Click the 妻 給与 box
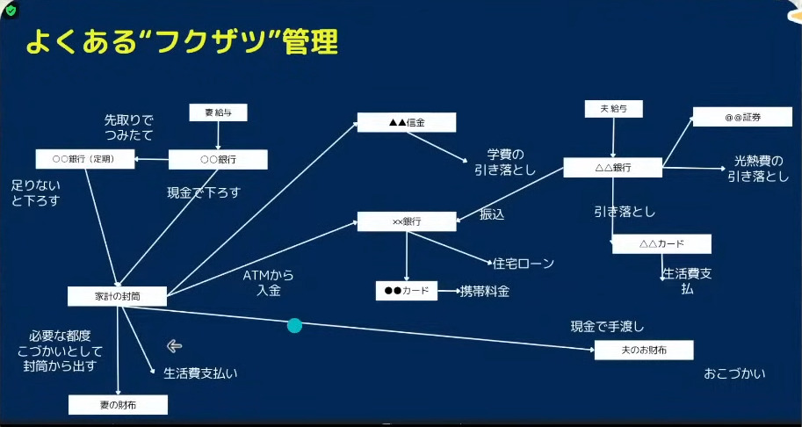click(x=218, y=112)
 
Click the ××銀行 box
click(x=407, y=221)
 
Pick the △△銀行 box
click(x=612, y=167)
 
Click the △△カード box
click(x=661, y=244)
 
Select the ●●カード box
click(x=406, y=291)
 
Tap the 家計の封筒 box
click(x=117, y=297)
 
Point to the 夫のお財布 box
click(x=643, y=351)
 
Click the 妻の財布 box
click(x=117, y=405)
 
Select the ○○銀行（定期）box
click(x=86, y=159)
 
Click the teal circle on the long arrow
click(x=295, y=325)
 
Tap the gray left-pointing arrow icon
click(x=174, y=345)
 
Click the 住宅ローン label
click(x=523, y=263)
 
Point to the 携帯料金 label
click(x=485, y=291)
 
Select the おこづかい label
click(x=734, y=373)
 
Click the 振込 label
click(x=492, y=214)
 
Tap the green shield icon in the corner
click(x=11, y=11)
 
